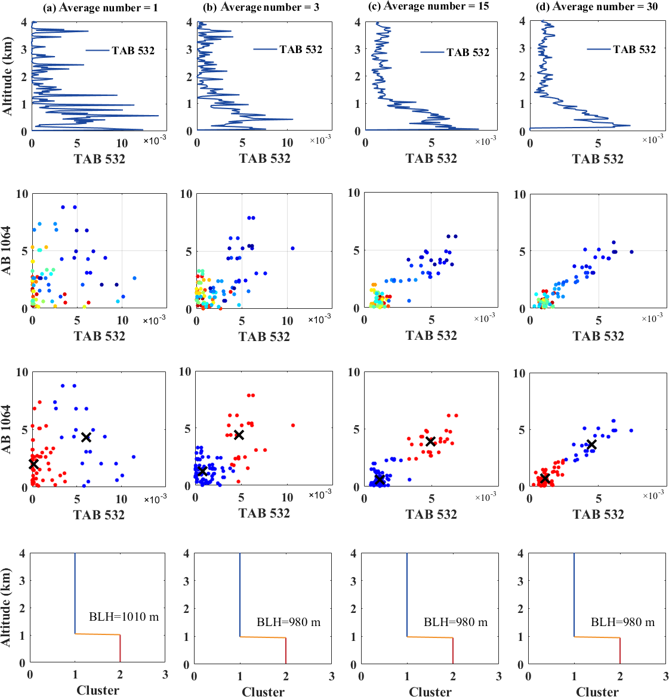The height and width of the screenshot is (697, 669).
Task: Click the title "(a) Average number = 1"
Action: pyautogui.click(x=100, y=8)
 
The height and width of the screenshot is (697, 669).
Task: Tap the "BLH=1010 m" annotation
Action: pyautogui.click(x=124, y=617)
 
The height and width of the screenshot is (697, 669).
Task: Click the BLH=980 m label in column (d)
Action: pyautogui.click(x=622, y=622)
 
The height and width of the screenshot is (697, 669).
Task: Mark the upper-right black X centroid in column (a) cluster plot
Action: pyautogui.click(x=86, y=437)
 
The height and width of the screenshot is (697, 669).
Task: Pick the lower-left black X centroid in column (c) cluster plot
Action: pyautogui.click(x=379, y=479)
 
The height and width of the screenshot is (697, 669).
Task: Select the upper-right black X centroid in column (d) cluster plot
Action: pyautogui.click(x=591, y=445)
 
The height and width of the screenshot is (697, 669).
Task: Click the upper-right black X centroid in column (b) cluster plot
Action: pyautogui.click(x=239, y=435)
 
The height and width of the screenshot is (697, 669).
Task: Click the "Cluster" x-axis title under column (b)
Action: pyautogui.click(x=263, y=691)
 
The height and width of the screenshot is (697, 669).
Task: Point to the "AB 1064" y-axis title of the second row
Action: pyautogui.click(x=7, y=250)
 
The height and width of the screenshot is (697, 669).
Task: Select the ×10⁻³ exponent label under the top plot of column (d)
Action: pyautogui.click(x=653, y=139)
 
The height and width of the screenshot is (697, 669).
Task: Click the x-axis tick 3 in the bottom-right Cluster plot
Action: pyautogui.click(x=666, y=676)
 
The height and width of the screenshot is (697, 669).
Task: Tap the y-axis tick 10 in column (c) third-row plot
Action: pyautogui.click(x=354, y=372)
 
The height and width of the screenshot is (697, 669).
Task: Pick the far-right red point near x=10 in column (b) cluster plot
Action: pyautogui.click(x=293, y=425)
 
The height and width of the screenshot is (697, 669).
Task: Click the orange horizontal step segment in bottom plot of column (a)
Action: pyautogui.click(x=97, y=634)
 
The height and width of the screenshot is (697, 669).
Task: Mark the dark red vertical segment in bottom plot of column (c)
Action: pyautogui.click(x=453, y=650)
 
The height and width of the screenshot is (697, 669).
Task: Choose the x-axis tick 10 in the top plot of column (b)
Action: pyautogui.click(x=287, y=143)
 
